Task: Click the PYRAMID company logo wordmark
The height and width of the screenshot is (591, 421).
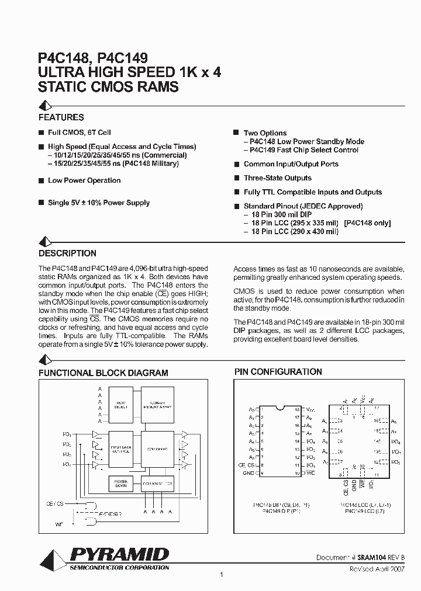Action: coord(119,554)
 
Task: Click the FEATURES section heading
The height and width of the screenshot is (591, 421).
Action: coord(61,117)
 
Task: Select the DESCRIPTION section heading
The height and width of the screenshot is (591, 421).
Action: coord(67,253)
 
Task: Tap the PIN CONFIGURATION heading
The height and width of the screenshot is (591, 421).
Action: coord(278,371)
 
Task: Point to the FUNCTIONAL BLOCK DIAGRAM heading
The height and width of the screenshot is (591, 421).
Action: coord(103,373)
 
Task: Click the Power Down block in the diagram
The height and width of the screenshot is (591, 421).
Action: coord(121,484)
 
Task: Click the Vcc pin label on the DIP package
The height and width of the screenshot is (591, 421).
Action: coord(310,410)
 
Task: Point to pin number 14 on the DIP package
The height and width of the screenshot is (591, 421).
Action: coord(297,441)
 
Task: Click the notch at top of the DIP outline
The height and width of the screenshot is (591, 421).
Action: coord(279,408)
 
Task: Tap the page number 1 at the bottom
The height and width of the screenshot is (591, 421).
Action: coord(222,575)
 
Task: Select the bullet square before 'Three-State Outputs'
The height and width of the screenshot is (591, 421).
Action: coord(237,178)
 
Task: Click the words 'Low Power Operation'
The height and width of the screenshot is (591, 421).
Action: coord(84,180)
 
